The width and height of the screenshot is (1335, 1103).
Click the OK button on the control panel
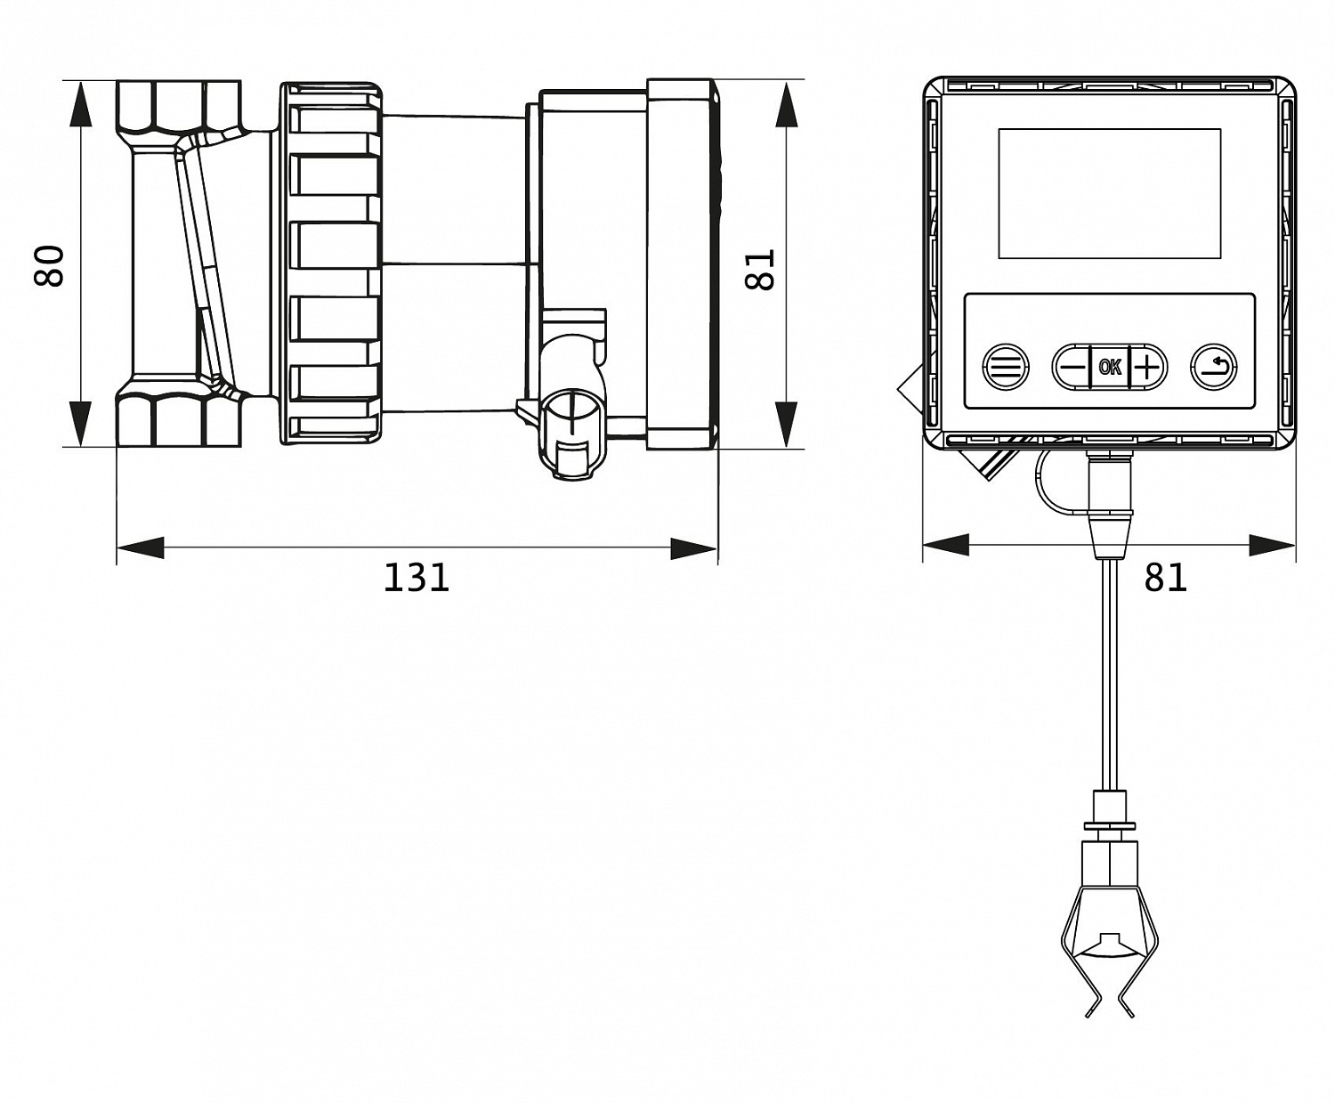[x=1109, y=367]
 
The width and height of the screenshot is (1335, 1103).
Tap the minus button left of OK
[x=1072, y=367]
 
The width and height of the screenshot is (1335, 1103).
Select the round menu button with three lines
[x=1006, y=368]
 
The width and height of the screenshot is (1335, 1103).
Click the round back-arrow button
[x=1214, y=368]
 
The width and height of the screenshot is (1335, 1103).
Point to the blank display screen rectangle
[x=1109, y=194]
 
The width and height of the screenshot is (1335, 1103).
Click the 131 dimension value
[x=417, y=578]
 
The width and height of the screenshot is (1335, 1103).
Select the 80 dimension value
[x=50, y=265]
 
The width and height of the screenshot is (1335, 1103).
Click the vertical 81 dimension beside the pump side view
[x=759, y=269]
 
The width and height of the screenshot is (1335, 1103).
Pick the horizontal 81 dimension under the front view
[x=1165, y=578]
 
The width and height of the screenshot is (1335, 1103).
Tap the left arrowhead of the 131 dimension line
[x=140, y=548]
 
